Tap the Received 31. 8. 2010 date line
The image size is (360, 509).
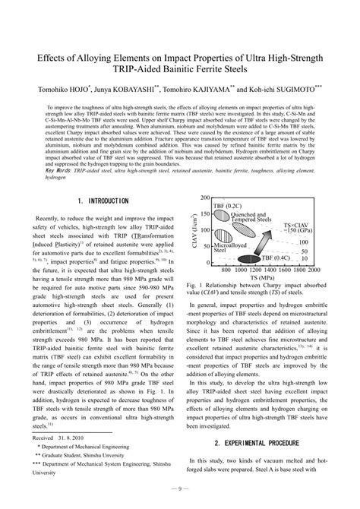pyautogui.click(x=61, y=438)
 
